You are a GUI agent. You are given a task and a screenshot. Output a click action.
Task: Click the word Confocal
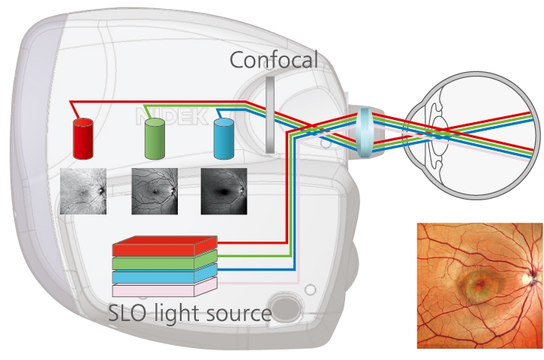coord(275,59)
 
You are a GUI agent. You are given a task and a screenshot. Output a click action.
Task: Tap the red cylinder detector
coord(83,139)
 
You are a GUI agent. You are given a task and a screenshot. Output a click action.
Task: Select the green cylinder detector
coord(155,139)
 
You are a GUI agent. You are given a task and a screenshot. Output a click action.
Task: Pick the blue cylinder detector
coord(224,139)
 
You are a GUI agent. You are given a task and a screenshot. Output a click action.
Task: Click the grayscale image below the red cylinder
coord(83,192)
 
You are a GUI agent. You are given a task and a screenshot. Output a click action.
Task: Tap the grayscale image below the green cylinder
coord(155,192)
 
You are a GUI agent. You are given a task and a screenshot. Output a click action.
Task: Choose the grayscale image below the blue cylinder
coord(224,192)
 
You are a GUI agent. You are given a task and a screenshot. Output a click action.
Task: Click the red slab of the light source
coord(164,247)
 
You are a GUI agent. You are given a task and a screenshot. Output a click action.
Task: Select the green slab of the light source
coord(164,261)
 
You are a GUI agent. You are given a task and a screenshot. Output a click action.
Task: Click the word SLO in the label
coord(128,313)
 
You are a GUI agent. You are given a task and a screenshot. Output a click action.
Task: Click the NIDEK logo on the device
coord(161,116)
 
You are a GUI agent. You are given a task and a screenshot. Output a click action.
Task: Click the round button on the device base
coord(285,308)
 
